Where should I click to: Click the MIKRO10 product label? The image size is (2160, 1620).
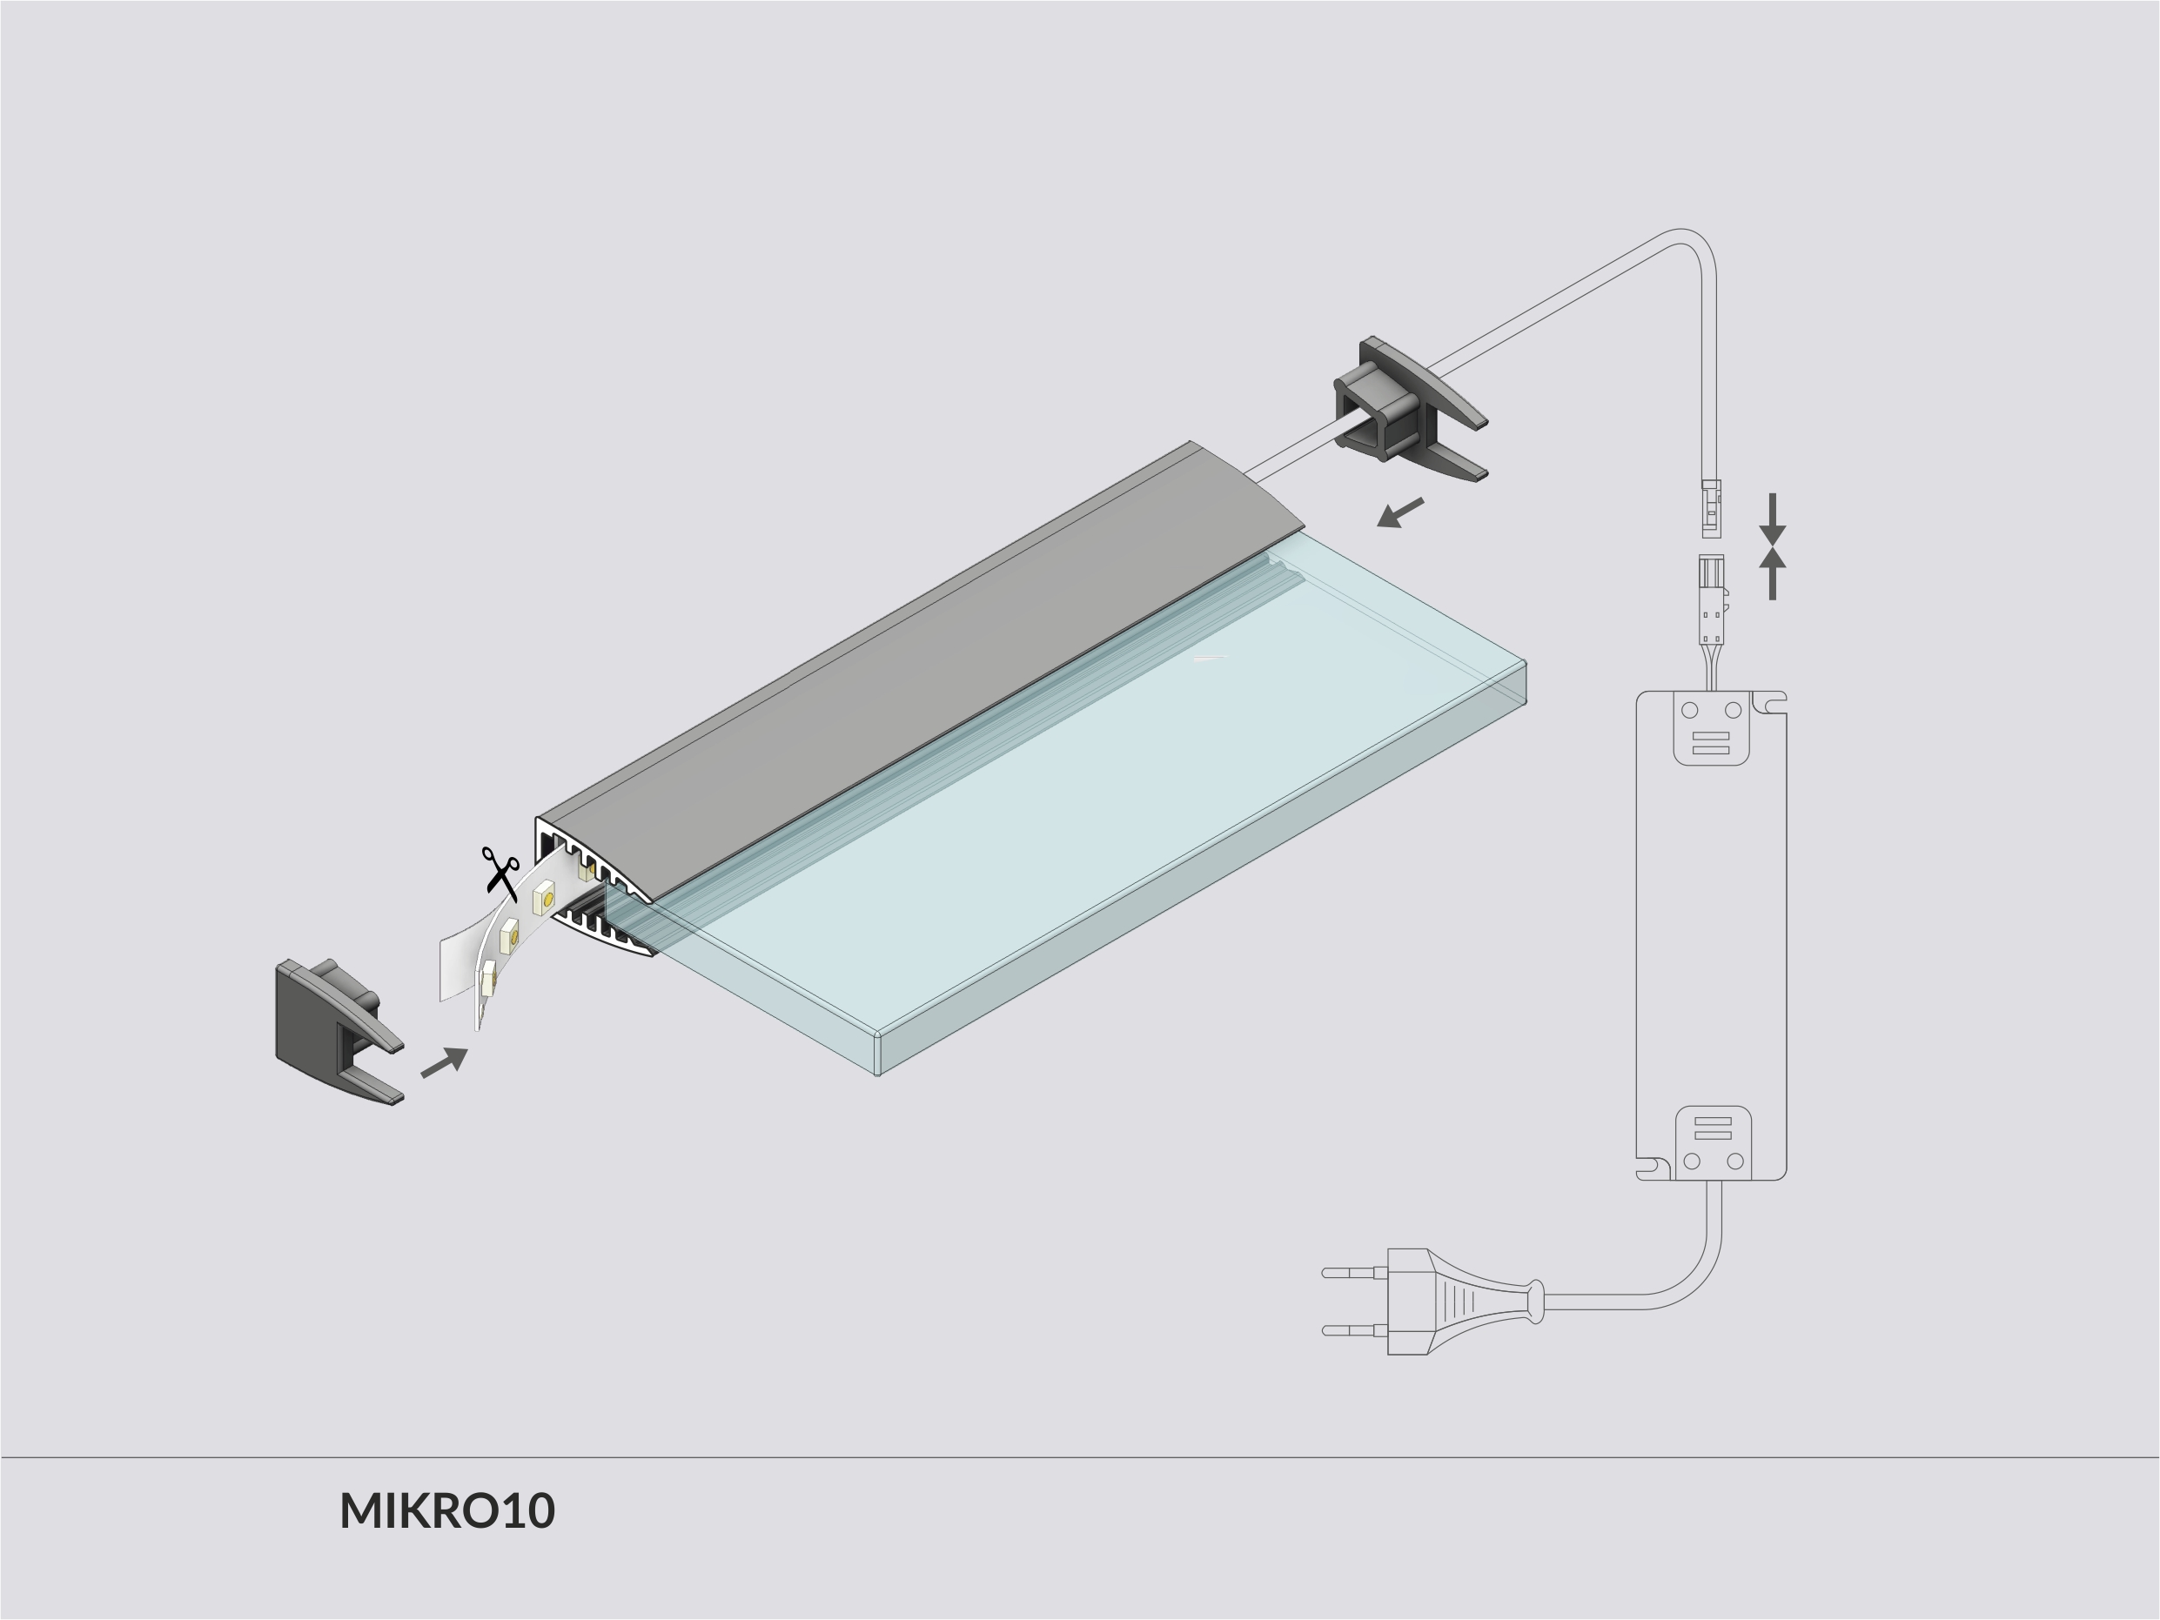(447, 1510)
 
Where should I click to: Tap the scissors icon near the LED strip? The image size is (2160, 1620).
(500, 872)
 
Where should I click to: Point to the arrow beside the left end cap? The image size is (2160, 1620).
(445, 1062)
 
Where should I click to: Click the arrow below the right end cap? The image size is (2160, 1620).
(1400, 512)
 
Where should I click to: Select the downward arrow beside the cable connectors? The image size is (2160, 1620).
(1773, 519)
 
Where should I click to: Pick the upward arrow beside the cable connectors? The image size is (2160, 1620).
(1773, 573)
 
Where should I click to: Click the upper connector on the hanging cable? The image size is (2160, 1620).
(1711, 508)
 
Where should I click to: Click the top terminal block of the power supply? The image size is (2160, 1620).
(1711, 727)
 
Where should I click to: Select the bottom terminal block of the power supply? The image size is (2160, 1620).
(1713, 1141)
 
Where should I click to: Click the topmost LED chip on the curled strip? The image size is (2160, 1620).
(545, 896)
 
